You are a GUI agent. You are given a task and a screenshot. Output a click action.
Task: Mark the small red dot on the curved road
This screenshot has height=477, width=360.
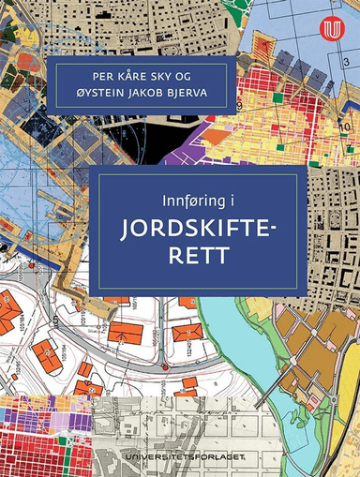[162, 366]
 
